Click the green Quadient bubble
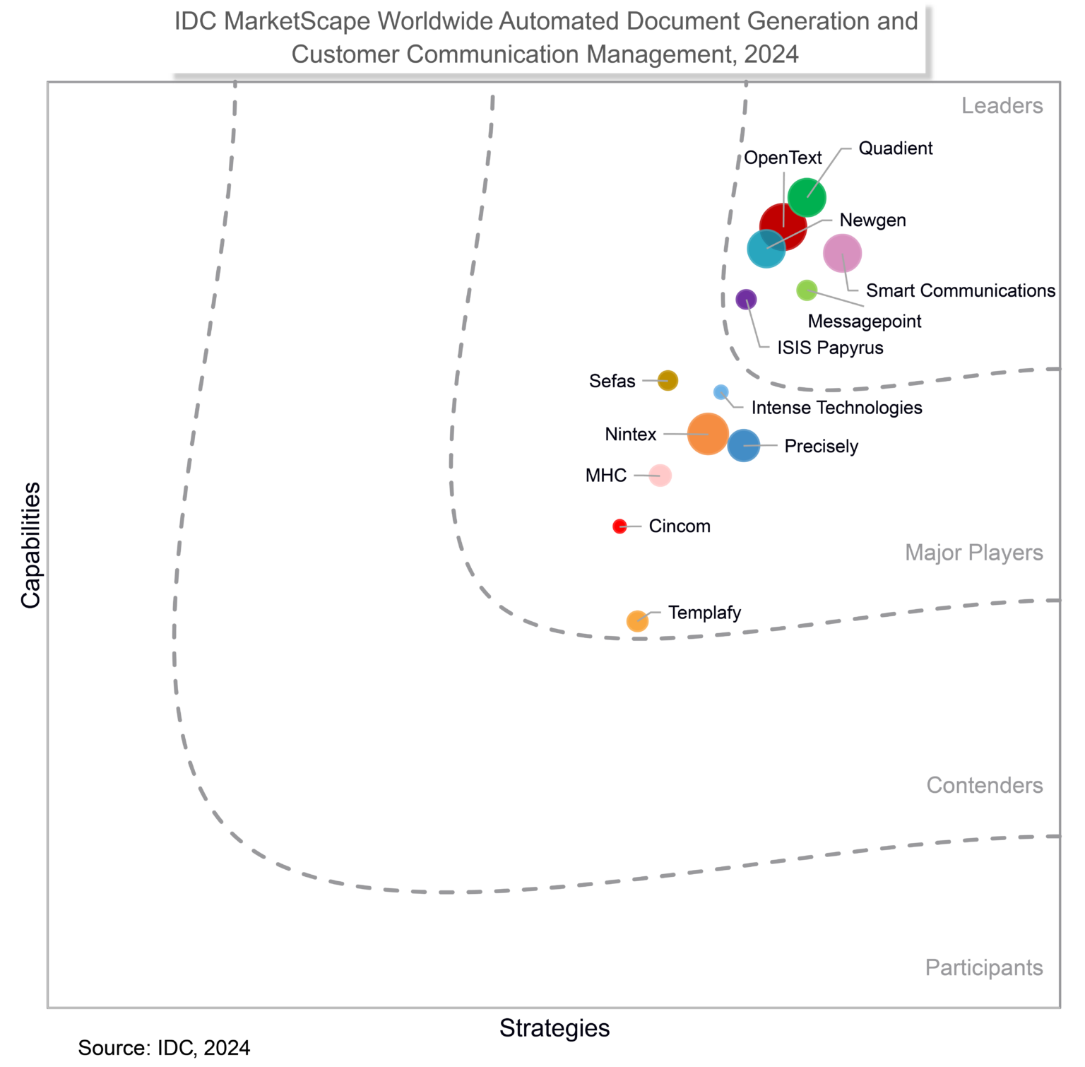coord(807,197)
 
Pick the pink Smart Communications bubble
coord(842,253)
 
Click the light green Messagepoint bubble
coord(807,290)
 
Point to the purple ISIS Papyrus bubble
coord(746,300)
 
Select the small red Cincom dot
coord(619,526)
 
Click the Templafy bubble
coord(637,621)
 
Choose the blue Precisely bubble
coord(744,446)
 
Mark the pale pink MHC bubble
coord(660,476)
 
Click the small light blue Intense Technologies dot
coord(721,392)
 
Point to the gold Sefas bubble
coord(668,381)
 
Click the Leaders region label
coord(1002,106)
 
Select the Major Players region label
coord(973,553)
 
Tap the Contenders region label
coord(984,785)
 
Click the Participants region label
coord(983,967)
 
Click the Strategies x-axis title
coord(555,1028)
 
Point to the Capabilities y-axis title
coord(30,545)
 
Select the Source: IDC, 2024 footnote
coord(164,1048)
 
